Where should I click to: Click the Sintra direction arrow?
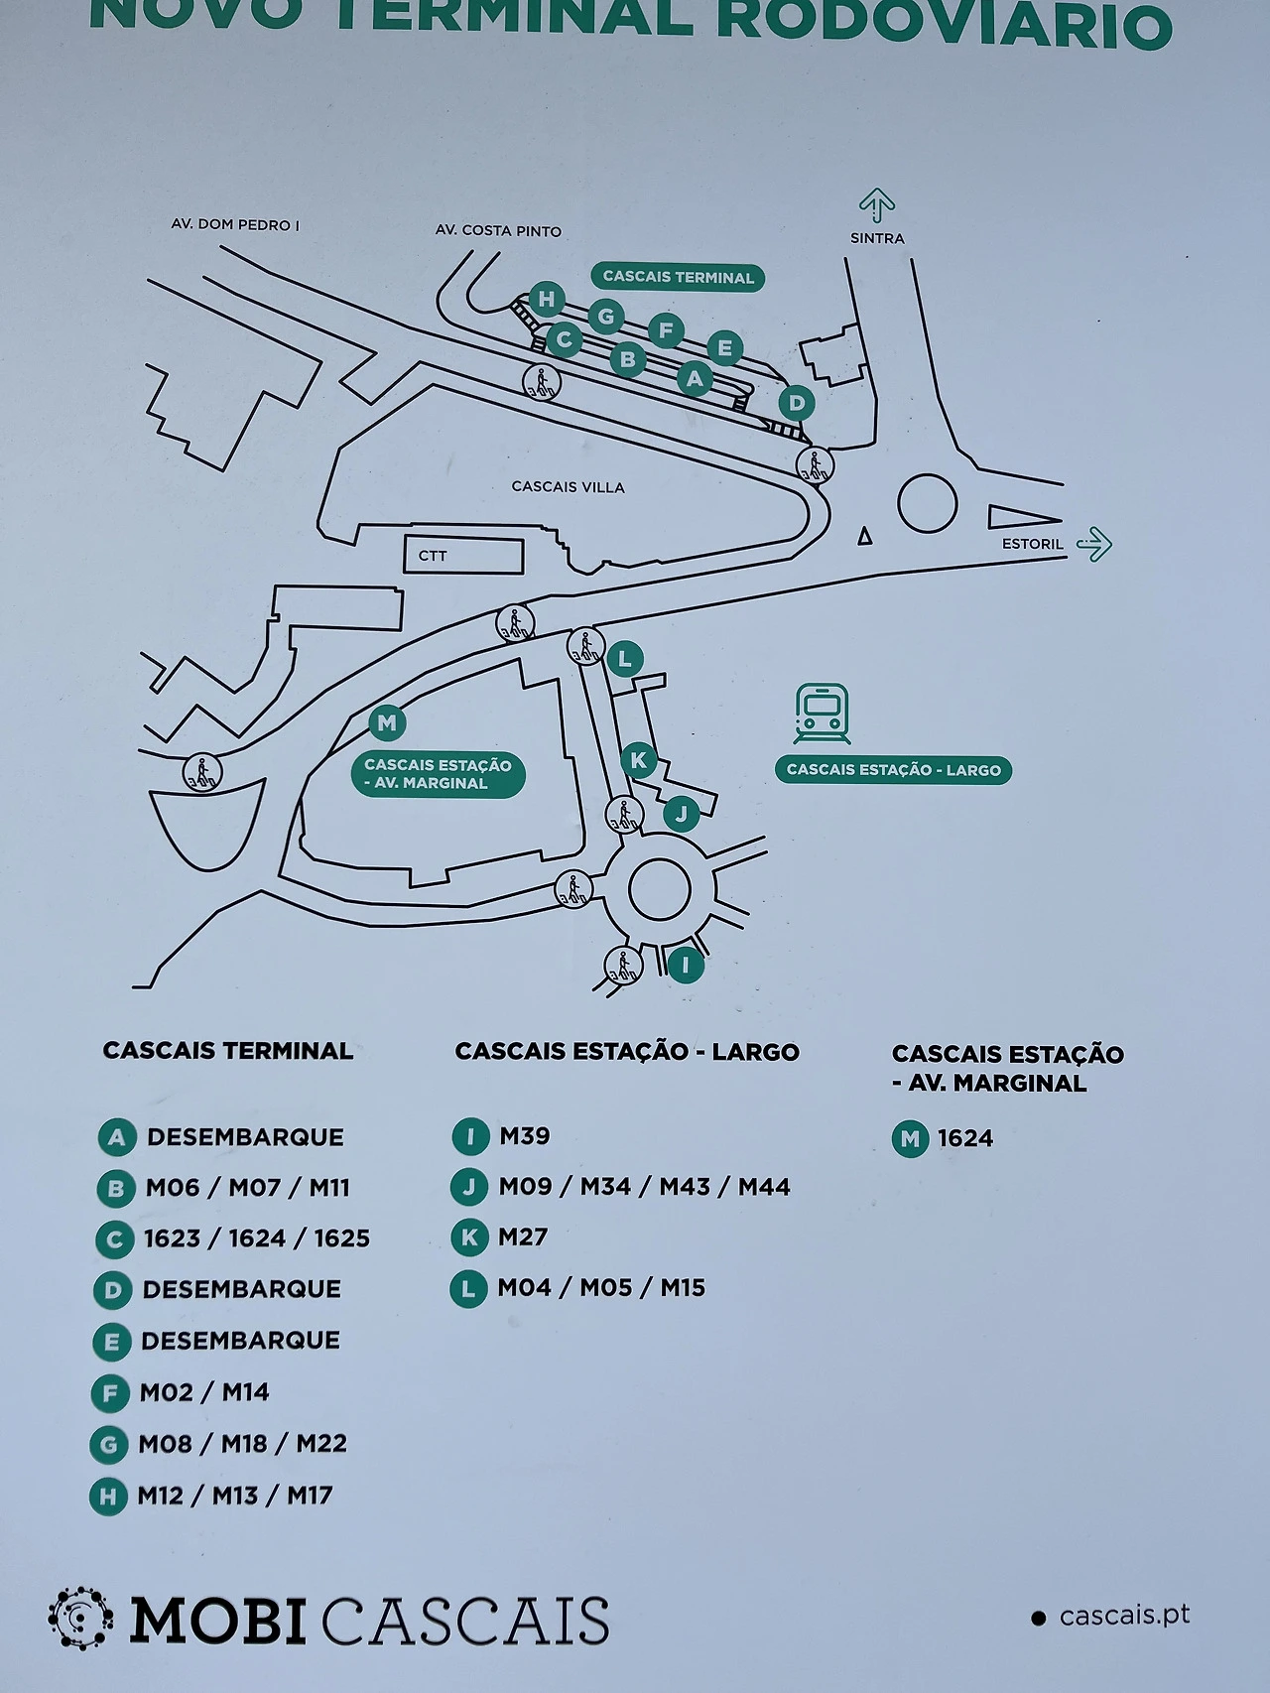coord(877,205)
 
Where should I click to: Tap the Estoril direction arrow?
coord(1094,544)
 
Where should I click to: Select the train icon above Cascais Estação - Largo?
coord(822,714)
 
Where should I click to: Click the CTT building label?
coord(433,556)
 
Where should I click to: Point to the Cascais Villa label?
coord(568,487)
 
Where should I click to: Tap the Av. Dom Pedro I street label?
coord(235,225)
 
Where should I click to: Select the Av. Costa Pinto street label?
coord(498,231)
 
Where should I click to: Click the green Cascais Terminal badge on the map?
coord(679,278)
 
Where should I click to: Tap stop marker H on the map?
coord(547,299)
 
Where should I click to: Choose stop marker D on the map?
coord(796,403)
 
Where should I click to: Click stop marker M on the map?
coord(387,722)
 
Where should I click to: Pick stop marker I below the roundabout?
coord(685,965)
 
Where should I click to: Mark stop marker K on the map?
coord(638,761)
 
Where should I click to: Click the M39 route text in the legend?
coord(524,1136)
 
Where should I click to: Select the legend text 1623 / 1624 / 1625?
coord(257,1238)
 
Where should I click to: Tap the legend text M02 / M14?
coord(204,1392)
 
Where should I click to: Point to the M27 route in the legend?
coord(523,1237)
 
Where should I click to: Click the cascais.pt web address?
coord(1124,1617)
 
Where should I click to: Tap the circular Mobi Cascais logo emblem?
coord(79,1619)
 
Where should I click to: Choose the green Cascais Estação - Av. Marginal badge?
coord(438,774)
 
